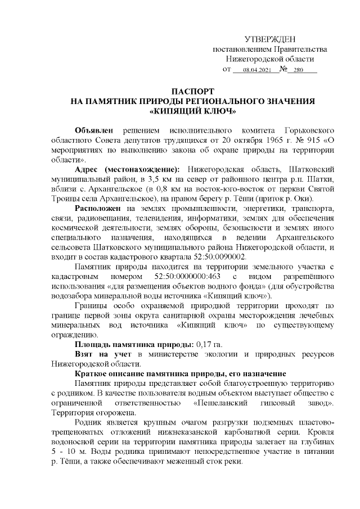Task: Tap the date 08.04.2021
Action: pos(257,70)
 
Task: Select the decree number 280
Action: pos(298,70)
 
